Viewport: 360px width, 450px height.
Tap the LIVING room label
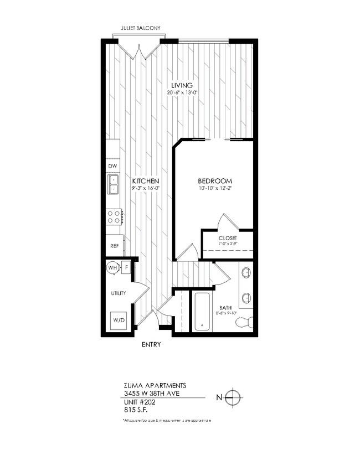pos(181,85)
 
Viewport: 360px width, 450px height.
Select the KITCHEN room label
pos(146,182)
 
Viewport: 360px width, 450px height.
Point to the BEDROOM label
pos(214,182)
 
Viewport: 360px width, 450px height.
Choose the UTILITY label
pos(118,293)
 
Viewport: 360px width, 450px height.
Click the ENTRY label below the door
pos(151,345)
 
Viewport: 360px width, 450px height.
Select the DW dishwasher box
pos(112,165)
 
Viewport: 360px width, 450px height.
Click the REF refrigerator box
pos(115,246)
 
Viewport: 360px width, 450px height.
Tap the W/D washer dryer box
pos(119,320)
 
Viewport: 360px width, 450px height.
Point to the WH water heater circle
pos(112,268)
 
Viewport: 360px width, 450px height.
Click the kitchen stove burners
pos(115,216)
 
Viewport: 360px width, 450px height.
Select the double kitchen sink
pos(114,184)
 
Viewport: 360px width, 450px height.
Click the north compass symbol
pos(234,397)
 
